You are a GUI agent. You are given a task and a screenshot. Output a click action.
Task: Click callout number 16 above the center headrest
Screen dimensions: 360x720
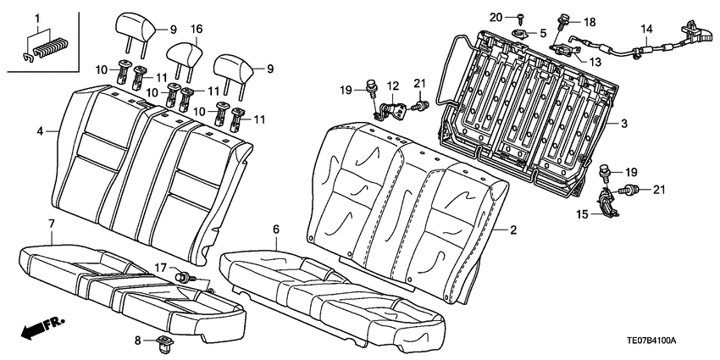tap(197, 30)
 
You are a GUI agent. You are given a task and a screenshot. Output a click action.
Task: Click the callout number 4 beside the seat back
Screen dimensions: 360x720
tap(40, 131)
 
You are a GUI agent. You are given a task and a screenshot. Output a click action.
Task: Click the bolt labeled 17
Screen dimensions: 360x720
tap(183, 276)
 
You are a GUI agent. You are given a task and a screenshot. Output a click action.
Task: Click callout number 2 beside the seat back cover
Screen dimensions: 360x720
tap(512, 230)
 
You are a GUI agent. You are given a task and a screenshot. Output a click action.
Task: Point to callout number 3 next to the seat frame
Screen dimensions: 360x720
tap(623, 125)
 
